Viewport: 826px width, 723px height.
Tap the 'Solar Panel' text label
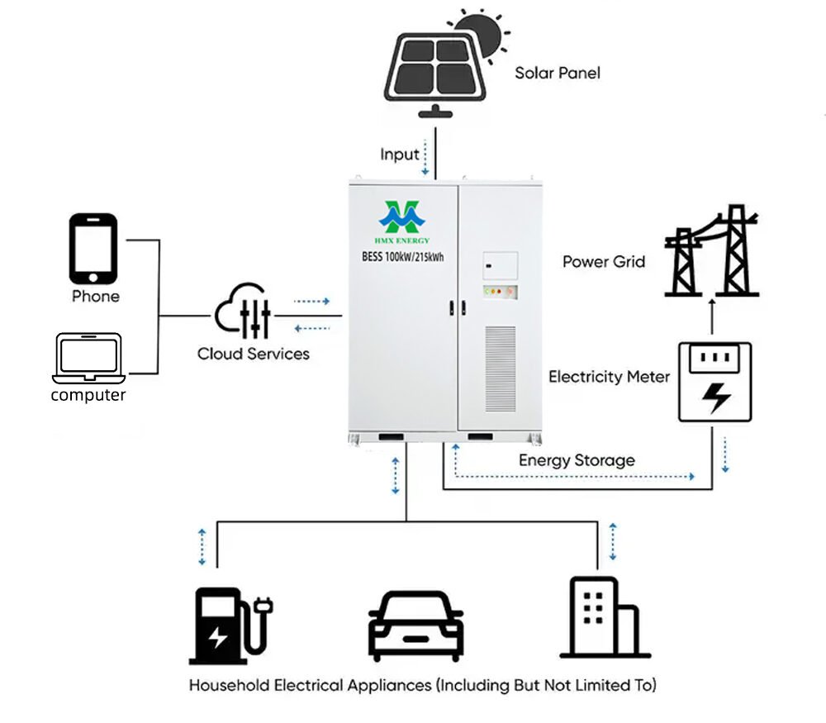[x=558, y=73]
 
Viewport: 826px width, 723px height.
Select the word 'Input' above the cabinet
[x=399, y=155]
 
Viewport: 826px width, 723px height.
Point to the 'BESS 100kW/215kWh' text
[x=404, y=257]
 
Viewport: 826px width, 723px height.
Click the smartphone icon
[x=93, y=249]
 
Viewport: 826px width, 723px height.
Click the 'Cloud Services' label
[x=253, y=354]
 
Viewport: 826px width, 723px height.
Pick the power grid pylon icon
[x=711, y=251]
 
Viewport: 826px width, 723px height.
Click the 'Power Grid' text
[x=604, y=262]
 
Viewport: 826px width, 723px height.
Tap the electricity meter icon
[x=714, y=382]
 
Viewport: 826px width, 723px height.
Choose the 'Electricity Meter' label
[x=609, y=377]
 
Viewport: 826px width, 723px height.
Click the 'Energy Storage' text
[x=577, y=460]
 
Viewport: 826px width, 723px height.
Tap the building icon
[x=604, y=617]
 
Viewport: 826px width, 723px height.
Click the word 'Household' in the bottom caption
[x=230, y=685]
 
